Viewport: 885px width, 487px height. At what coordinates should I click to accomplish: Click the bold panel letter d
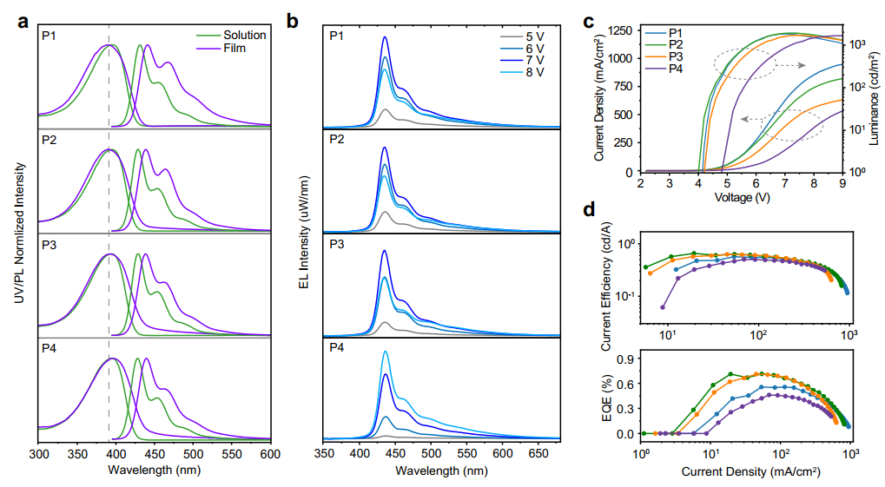(589, 210)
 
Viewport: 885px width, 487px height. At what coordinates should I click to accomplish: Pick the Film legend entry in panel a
(234, 49)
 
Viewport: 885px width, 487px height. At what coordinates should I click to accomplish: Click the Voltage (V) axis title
(741, 197)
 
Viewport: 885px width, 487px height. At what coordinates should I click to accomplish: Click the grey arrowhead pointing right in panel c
(804, 65)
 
